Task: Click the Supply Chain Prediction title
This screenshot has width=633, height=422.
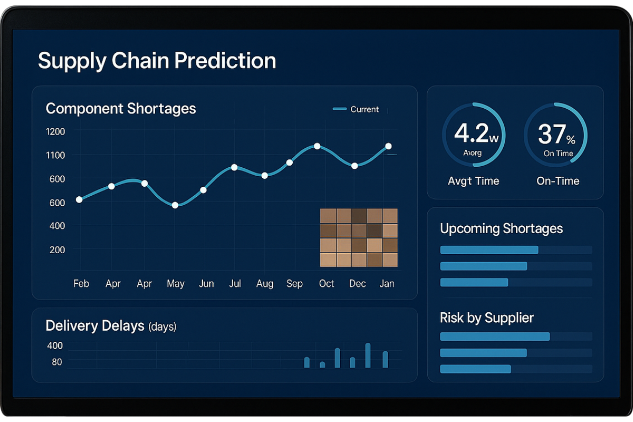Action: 157,61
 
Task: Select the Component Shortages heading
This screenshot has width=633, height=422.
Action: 121,109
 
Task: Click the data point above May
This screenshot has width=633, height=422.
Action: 175,205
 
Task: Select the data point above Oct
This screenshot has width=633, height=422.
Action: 317,146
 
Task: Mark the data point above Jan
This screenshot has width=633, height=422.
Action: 388,146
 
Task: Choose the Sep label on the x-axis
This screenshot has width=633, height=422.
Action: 294,284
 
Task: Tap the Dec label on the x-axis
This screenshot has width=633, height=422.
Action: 357,284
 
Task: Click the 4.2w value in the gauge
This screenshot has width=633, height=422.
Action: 475,134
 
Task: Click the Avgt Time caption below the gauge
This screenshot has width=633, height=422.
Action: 473,181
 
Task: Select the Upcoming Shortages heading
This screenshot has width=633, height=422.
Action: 501,228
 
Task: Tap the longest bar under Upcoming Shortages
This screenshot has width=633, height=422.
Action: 489,250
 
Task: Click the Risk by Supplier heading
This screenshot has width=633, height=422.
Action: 486,318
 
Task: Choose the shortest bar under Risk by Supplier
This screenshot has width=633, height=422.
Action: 475,369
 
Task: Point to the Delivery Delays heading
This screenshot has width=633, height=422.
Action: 95,325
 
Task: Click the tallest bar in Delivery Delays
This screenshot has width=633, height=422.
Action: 368,356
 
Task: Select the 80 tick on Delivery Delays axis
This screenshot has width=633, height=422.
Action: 57,362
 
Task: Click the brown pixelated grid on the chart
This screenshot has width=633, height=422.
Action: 359,237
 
